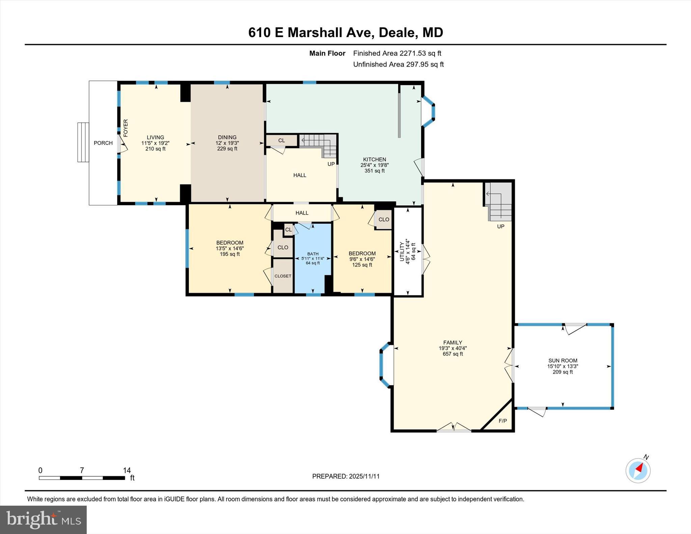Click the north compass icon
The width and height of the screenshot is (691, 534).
click(638, 470)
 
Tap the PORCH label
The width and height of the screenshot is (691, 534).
click(103, 143)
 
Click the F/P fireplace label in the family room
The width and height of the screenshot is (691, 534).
click(502, 421)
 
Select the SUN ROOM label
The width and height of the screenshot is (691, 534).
click(562, 361)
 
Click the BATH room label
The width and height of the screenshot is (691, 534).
click(312, 254)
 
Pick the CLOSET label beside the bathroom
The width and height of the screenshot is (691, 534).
click(283, 276)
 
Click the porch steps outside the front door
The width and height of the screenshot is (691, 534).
click(83, 142)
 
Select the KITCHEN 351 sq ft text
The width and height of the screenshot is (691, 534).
click(374, 171)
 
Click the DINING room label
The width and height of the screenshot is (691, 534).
click(227, 137)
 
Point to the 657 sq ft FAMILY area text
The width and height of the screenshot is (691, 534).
click(452, 354)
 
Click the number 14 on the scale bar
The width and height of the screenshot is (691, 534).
click(127, 470)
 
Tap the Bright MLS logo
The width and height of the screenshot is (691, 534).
click(43, 519)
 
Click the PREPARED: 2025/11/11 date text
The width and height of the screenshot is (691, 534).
click(345, 476)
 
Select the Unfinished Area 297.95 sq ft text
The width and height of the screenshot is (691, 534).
click(398, 64)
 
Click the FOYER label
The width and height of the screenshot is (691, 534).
click(126, 128)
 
